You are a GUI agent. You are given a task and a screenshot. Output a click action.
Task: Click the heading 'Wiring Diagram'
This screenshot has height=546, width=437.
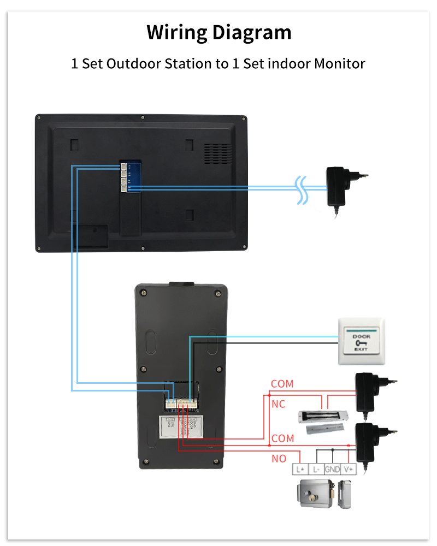click(x=218, y=33)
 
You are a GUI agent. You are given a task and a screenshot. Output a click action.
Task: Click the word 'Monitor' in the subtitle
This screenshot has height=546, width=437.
click(x=339, y=64)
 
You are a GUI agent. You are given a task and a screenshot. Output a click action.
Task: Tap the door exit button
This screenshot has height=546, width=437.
click(x=361, y=341)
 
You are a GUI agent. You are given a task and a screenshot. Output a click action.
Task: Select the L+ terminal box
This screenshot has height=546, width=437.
click(x=299, y=469)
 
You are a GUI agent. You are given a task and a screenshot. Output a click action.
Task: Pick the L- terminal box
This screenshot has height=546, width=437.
click(x=316, y=469)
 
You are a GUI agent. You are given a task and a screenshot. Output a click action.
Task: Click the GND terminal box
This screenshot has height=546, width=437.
click(x=332, y=469)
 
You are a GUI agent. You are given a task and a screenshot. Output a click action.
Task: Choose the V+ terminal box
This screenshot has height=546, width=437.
click(x=349, y=469)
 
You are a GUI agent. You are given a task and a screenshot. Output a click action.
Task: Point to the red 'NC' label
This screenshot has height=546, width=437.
click(x=278, y=405)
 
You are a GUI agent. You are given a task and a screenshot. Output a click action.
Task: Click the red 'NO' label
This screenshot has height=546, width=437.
click(x=279, y=459)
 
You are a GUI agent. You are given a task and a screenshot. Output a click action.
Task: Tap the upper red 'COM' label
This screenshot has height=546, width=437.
click(x=282, y=384)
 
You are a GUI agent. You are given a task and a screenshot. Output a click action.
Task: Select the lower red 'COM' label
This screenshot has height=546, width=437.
click(x=282, y=438)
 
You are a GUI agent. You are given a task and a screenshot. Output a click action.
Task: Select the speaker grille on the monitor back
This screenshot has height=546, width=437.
click(x=215, y=153)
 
